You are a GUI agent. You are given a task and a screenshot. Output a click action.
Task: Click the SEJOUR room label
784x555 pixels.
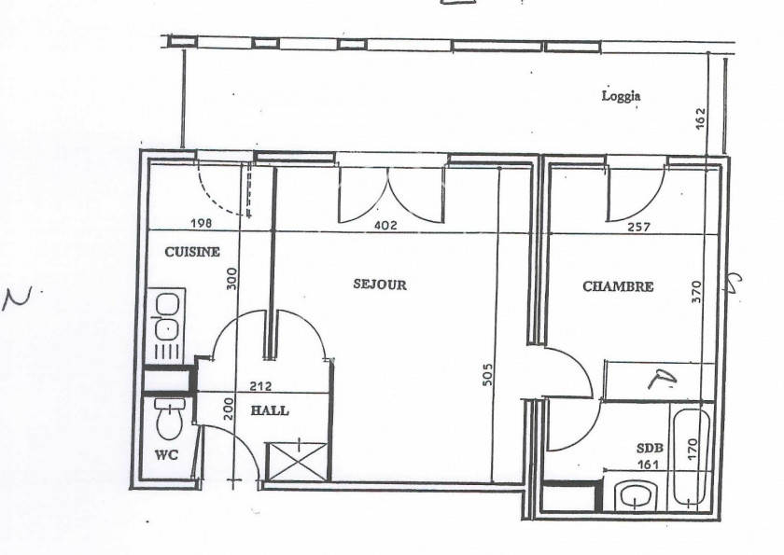tap(380, 284)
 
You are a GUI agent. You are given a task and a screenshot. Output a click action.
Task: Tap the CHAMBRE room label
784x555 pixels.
tap(617, 286)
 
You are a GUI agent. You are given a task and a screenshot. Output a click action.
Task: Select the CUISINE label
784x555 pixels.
tap(192, 252)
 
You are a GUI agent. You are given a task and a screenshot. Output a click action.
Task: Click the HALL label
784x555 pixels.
tap(270, 410)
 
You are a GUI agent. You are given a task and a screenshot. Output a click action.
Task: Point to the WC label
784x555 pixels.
tap(165, 455)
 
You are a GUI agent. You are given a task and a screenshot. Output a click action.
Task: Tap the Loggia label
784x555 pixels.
tap(621, 95)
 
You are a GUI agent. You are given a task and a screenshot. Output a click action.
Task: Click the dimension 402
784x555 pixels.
tap(385, 225)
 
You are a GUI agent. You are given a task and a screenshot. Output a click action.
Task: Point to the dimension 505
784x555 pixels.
tap(488, 373)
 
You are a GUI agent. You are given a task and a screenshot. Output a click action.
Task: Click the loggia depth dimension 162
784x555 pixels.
tap(701, 118)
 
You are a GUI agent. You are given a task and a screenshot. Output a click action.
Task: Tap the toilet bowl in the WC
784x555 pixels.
tap(169, 422)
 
